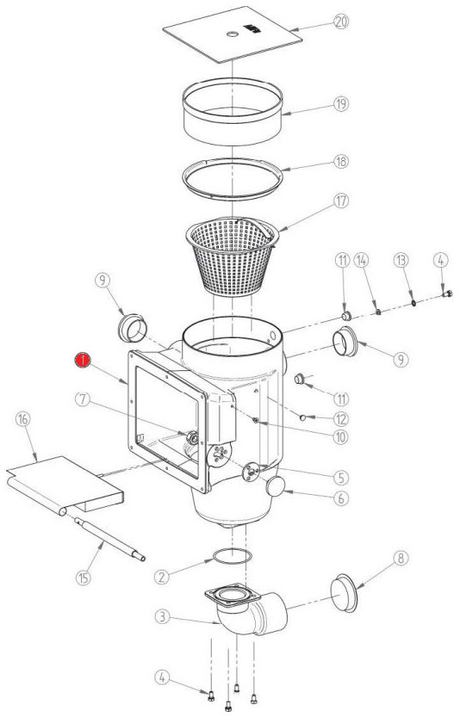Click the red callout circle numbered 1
[x=83, y=360]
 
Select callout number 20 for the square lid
[x=340, y=22]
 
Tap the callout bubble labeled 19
[x=340, y=104]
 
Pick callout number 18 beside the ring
[x=340, y=162]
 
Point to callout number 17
[x=340, y=201]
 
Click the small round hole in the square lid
[x=233, y=34]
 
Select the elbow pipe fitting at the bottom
[x=247, y=609]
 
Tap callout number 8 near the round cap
[x=401, y=559]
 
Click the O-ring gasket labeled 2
[x=233, y=557]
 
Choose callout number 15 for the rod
[x=83, y=578]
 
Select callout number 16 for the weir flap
[x=23, y=419]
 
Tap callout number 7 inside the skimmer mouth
[x=83, y=399]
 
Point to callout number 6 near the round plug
[x=340, y=498]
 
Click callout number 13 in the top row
[x=401, y=261]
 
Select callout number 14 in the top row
[x=362, y=261]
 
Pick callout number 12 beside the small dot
[x=340, y=419]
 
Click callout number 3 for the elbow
[x=162, y=617]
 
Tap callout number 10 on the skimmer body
[x=340, y=436]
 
